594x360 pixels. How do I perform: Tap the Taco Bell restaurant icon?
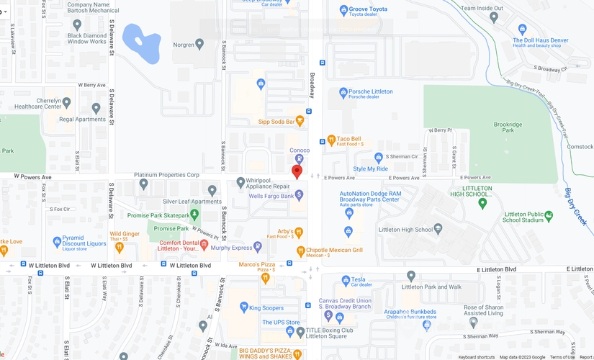click(x=331, y=140)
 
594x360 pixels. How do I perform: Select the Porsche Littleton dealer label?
click(x=370, y=92)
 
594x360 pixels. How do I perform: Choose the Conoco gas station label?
click(x=300, y=150)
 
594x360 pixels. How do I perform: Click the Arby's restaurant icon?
click(x=300, y=232)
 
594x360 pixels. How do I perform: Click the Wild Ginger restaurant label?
click(x=125, y=234)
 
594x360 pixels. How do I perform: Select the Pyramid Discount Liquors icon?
click(x=57, y=242)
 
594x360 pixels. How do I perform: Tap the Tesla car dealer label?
click(x=358, y=279)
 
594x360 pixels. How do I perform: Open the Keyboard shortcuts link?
click(x=477, y=357)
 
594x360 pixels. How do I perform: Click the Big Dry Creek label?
click(x=578, y=209)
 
